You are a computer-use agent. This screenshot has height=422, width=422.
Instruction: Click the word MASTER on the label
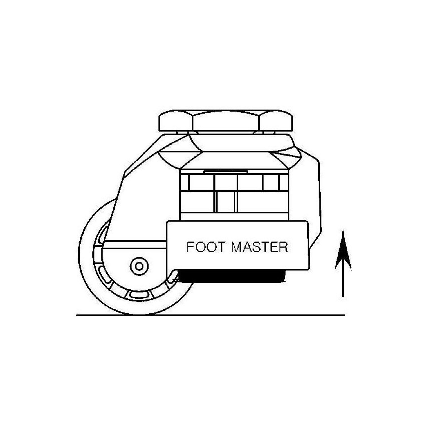click(x=259, y=247)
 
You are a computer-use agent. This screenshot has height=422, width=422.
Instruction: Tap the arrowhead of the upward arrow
click(x=343, y=253)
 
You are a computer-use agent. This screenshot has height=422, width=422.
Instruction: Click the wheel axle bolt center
click(x=139, y=266)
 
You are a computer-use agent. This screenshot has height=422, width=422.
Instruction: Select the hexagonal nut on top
click(x=226, y=121)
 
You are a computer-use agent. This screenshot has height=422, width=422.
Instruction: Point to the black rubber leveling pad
click(x=231, y=276)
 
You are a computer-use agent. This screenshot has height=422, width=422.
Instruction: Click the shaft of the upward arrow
click(x=343, y=284)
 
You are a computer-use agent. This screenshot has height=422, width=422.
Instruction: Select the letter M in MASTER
click(x=237, y=247)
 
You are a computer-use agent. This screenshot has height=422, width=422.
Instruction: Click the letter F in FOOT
click(x=190, y=247)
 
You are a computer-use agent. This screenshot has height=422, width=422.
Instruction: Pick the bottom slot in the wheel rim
click(x=139, y=295)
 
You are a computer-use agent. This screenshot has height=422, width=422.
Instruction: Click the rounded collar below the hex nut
click(x=242, y=143)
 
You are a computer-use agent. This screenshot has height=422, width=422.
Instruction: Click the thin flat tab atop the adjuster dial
click(x=226, y=171)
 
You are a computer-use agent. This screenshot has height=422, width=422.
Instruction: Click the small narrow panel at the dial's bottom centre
click(x=226, y=202)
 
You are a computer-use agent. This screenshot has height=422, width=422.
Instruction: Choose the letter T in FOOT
click(x=221, y=247)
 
